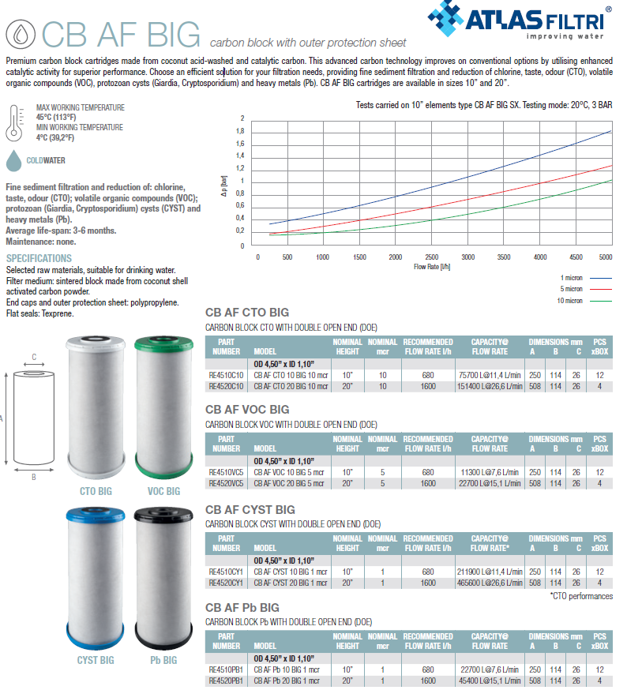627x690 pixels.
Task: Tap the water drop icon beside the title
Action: [19, 33]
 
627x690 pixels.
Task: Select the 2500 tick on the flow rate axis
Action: [432, 257]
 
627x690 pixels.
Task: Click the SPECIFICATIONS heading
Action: [39, 258]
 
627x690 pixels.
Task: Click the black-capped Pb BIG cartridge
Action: [164, 576]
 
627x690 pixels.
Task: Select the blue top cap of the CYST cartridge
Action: [95, 516]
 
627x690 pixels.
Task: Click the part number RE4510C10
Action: [227, 375]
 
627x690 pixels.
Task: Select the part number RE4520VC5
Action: [227, 482]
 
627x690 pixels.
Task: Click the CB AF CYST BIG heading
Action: [250, 509]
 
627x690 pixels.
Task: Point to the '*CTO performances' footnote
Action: [580, 596]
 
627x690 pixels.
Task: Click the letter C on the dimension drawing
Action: [34, 357]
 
